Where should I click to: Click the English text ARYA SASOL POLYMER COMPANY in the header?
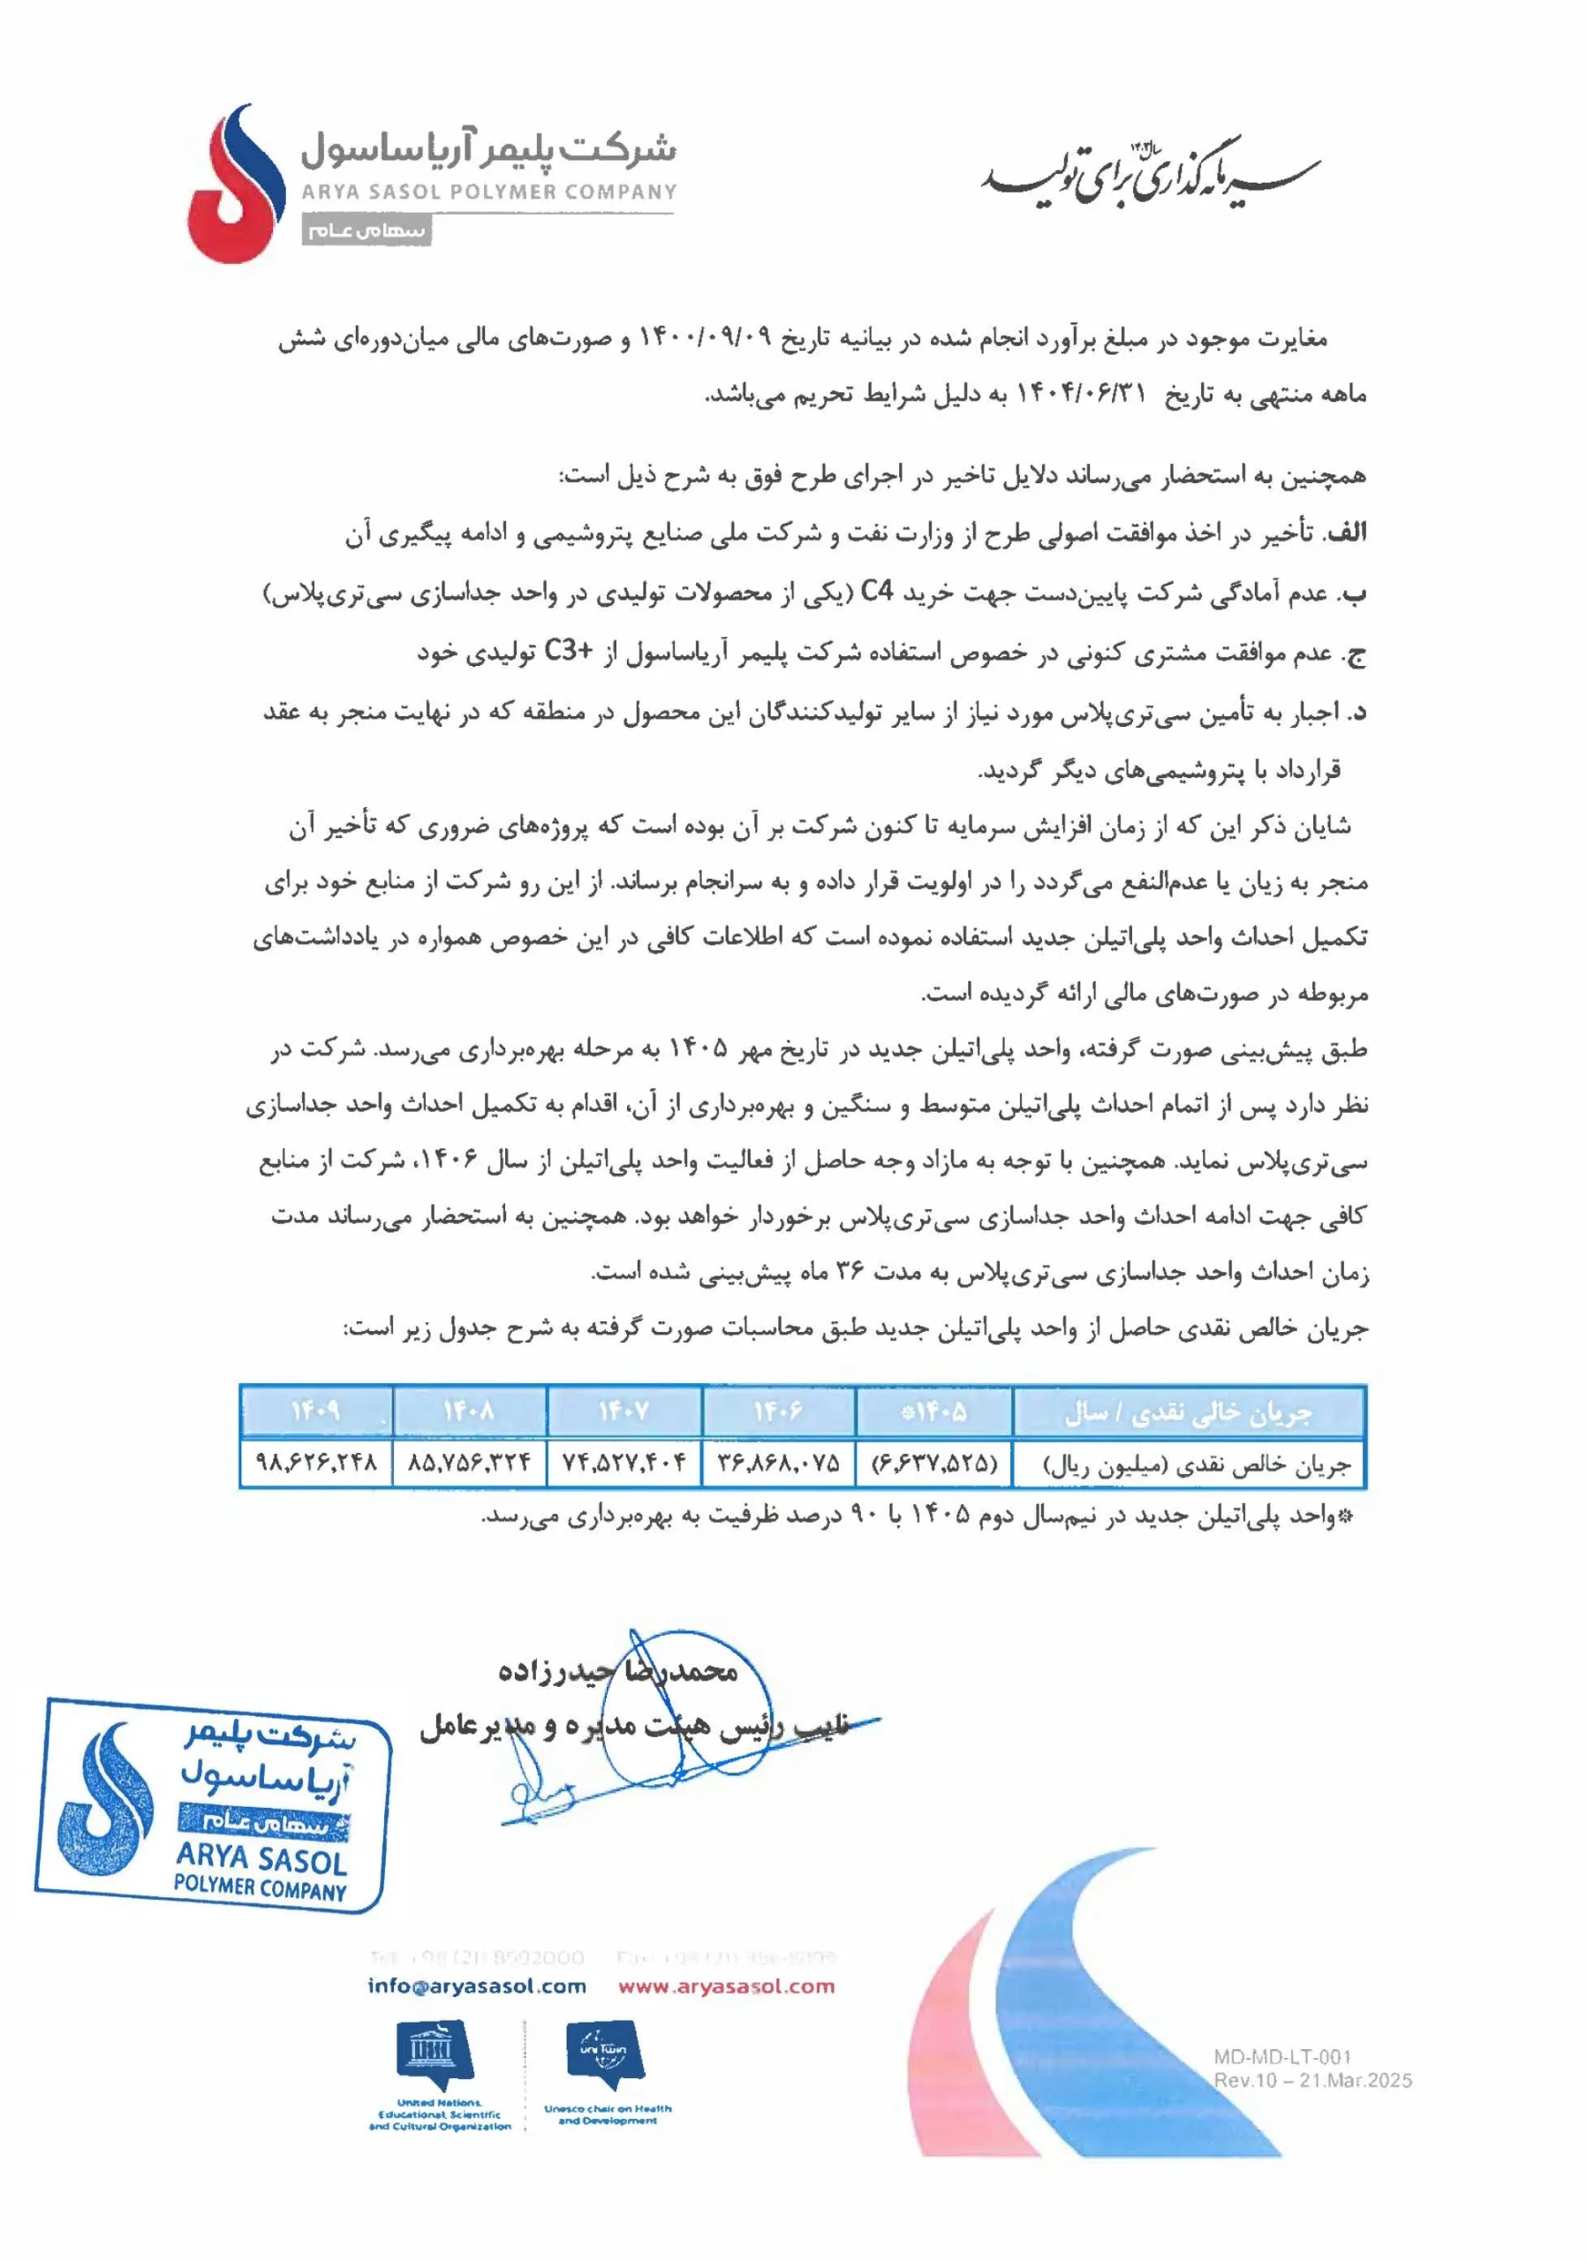click(x=488, y=192)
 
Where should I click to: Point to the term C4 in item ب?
click(x=877, y=593)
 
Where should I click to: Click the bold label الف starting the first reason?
click(x=1345, y=533)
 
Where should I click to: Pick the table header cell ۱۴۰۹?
click(x=316, y=1411)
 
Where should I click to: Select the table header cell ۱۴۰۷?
click(x=624, y=1411)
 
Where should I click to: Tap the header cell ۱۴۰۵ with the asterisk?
click(x=934, y=1411)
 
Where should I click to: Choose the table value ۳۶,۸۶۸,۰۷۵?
click(x=778, y=1463)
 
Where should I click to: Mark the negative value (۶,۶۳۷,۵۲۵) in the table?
click(x=934, y=1463)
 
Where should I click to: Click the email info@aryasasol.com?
click(x=477, y=1986)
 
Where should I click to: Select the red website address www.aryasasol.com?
click(x=726, y=1986)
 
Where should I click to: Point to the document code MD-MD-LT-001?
click(x=1281, y=2056)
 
